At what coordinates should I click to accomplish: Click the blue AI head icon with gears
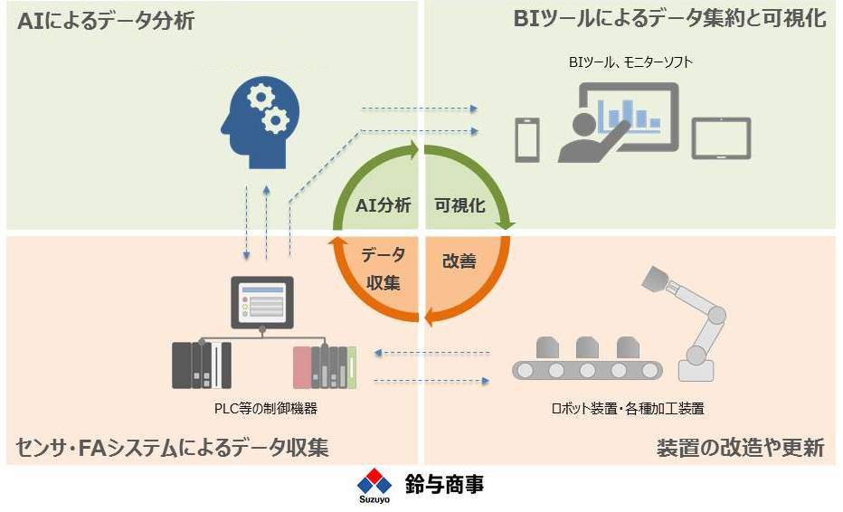tap(260, 123)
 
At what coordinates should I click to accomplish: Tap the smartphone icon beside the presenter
tap(526, 140)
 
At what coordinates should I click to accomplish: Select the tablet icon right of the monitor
tap(720, 138)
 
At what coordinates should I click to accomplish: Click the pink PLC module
tap(301, 367)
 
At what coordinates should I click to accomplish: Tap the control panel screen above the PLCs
tap(261, 302)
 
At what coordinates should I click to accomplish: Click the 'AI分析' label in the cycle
tap(383, 205)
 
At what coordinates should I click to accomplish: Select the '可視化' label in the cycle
tap(459, 205)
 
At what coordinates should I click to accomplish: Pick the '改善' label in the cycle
tap(459, 261)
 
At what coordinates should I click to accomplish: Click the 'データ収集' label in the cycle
tap(383, 269)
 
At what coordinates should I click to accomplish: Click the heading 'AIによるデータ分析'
tap(106, 21)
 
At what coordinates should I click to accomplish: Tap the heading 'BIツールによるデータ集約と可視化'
tap(670, 19)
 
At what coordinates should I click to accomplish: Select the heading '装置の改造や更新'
tap(740, 448)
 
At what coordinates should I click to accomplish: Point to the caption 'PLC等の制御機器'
tap(266, 409)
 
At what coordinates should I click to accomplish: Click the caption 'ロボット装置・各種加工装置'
tap(628, 409)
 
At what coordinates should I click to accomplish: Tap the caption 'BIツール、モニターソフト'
tap(630, 62)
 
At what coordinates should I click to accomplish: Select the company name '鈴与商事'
tap(444, 484)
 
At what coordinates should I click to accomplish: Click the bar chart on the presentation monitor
tap(629, 115)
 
